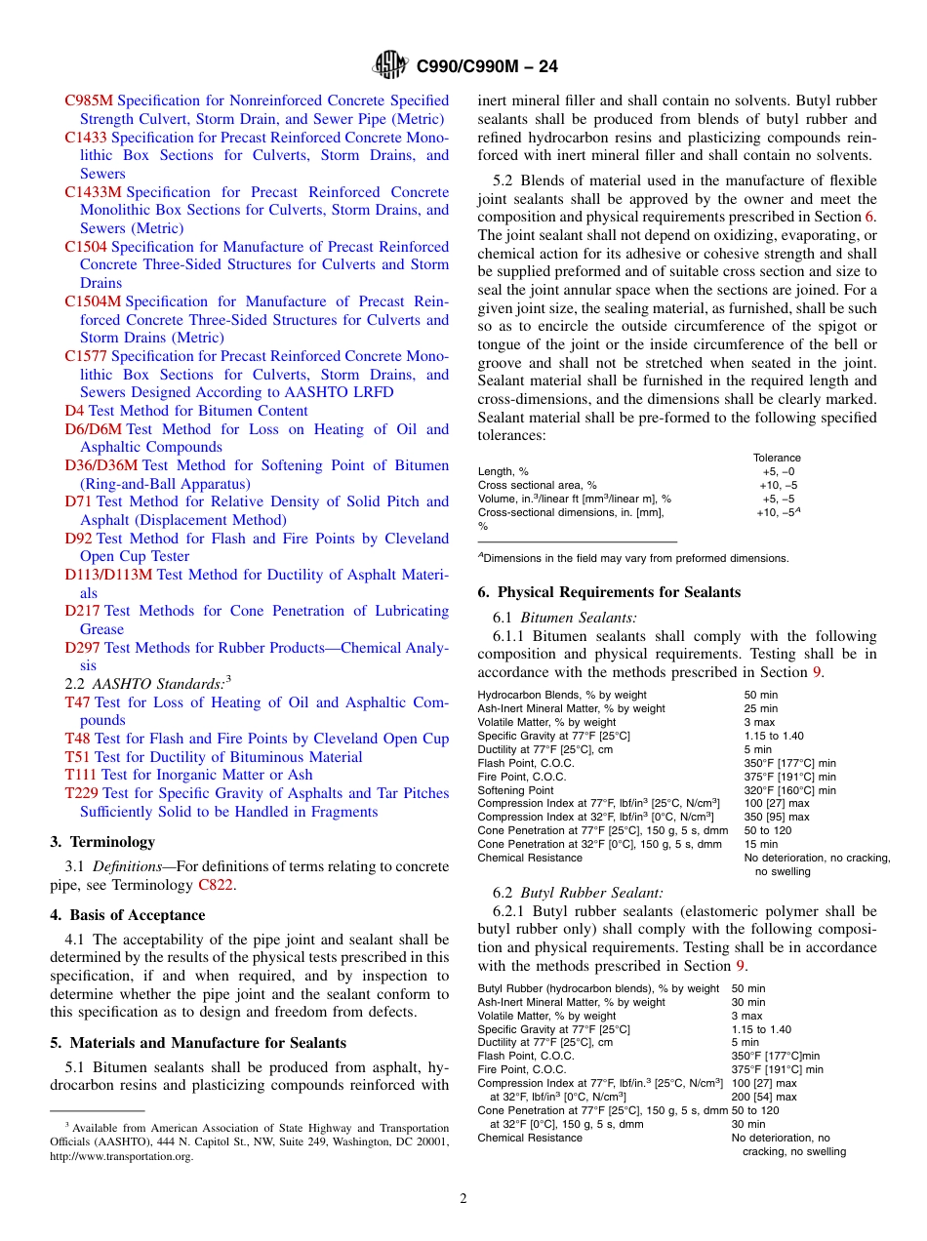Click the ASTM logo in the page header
pyautogui.click(x=391, y=65)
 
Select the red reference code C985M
pyautogui.click(x=89, y=100)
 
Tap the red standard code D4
pyautogui.click(x=74, y=411)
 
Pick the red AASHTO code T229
pyautogui.click(x=81, y=793)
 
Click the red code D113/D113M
pyautogui.click(x=108, y=575)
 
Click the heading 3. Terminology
pyautogui.click(x=102, y=841)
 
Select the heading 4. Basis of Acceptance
pyautogui.click(x=128, y=915)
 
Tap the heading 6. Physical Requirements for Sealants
pyautogui.click(x=609, y=592)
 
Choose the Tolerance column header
pyautogui.click(x=777, y=458)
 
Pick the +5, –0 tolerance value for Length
pyautogui.click(x=777, y=471)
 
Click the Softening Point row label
pyautogui.click(x=515, y=790)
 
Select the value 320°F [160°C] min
pyautogui.click(x=789, y=790)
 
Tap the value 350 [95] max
pyautogui.click(x=776, y=817)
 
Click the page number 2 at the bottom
pyautogui.click(x=463, y=1199)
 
